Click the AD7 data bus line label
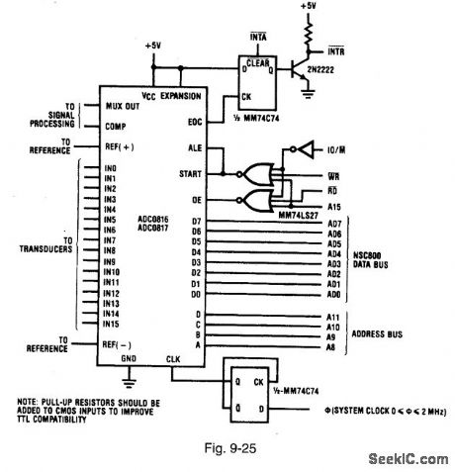point(333,222)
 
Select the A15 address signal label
point(333,206)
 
